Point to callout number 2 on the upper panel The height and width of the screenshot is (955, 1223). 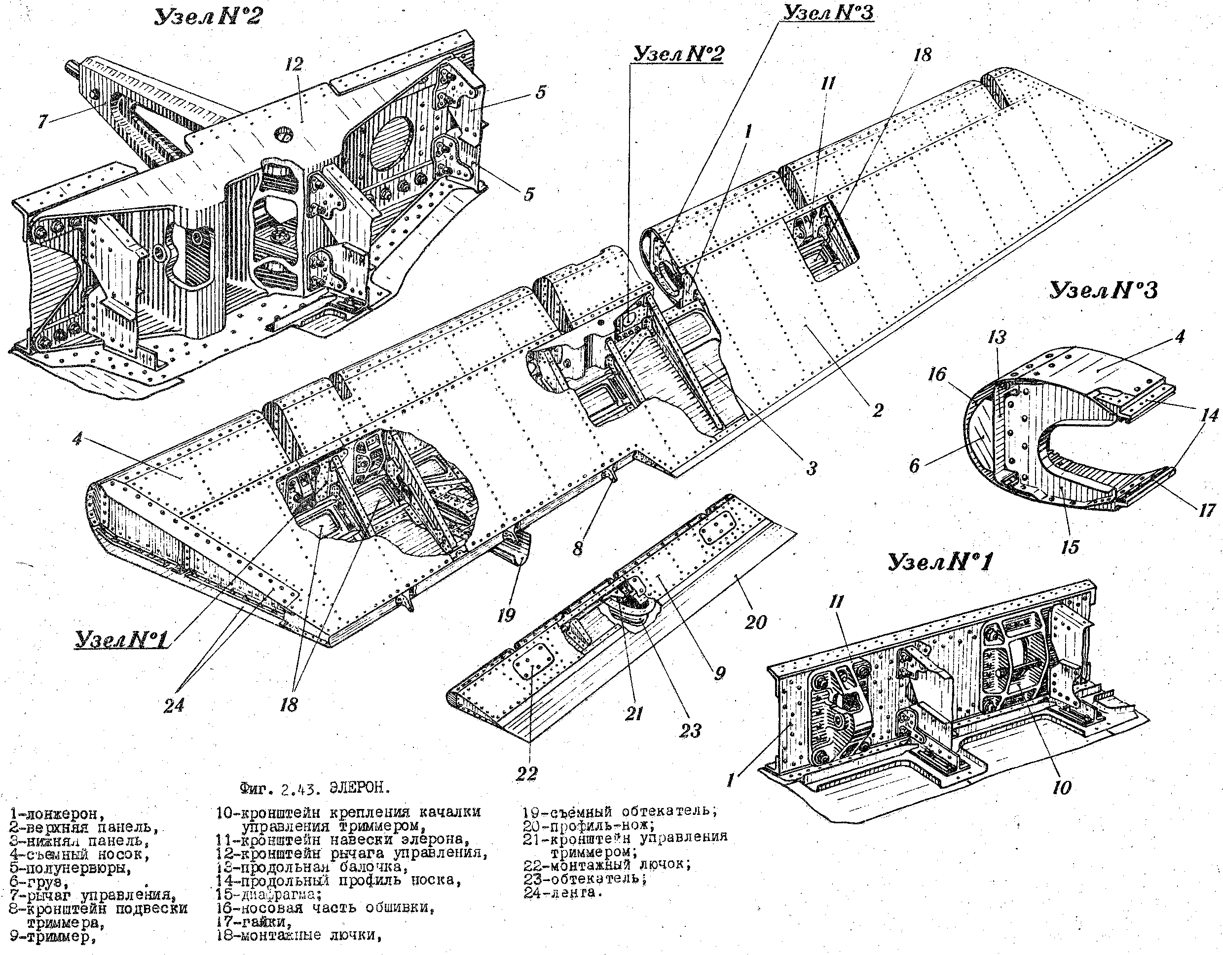click(877, 410)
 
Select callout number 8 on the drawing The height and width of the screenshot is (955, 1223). click(577, 547)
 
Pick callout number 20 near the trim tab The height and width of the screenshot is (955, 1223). click(755, 622)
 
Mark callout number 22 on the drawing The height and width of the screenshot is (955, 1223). click(526, 773)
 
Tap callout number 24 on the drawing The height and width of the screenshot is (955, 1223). click(174, 706)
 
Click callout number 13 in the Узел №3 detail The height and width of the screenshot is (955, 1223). click(997, 337)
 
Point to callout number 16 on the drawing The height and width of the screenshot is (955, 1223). click(937, 374)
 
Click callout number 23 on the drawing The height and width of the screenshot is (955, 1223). click(689, 731)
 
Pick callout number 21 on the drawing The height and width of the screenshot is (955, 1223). click(634, 714)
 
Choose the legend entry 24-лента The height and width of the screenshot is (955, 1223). click(563, 893)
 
